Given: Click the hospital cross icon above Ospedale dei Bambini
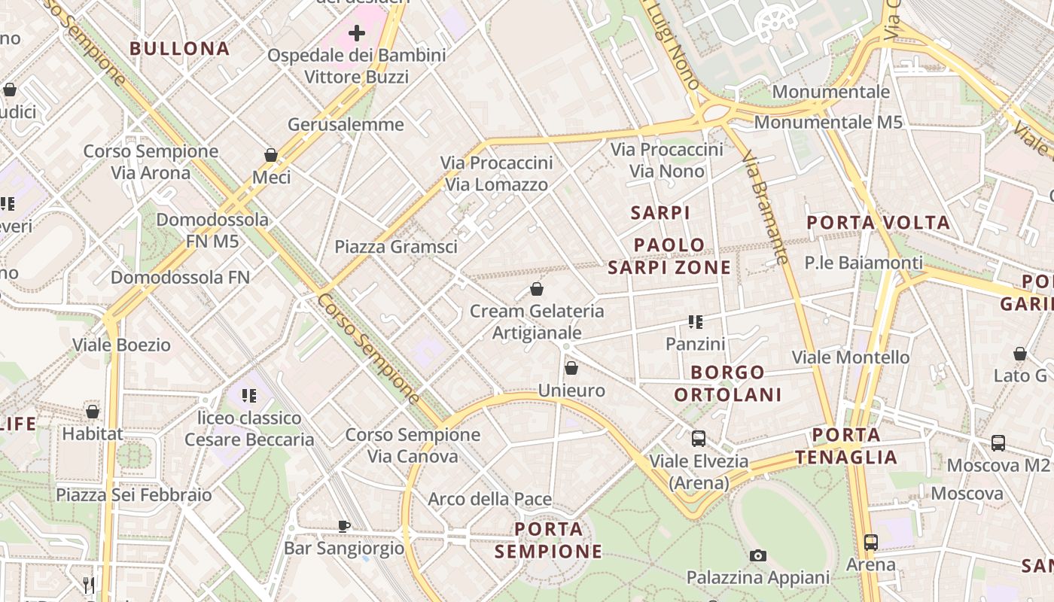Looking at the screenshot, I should (357, 33).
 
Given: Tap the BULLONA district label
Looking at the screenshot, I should (179, 49).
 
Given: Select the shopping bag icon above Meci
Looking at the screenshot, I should (271, 155).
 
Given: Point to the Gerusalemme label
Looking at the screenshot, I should (346, 125).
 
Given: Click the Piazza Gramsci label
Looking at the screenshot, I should (396, 247).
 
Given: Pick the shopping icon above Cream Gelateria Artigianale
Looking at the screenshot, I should (537, 288).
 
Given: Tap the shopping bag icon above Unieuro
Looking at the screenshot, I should (571, 368).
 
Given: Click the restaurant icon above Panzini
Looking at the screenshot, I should (695, 322).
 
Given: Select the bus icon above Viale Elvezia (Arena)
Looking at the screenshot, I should (699, 438).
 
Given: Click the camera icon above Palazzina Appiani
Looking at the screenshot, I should (757, 555).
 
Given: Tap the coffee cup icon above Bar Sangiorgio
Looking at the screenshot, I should (344, 526).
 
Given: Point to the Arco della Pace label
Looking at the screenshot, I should (489, 500).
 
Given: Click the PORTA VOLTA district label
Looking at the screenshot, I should (878, 223).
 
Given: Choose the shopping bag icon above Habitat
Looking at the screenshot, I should (93, 412).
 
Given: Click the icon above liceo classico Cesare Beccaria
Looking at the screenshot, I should (249, 395).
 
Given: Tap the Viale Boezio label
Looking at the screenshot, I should (121, 345).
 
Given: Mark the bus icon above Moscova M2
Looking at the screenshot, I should (998, 442).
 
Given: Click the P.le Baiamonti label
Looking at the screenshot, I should (863, 263).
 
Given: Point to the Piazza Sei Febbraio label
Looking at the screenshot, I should (134, 495).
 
